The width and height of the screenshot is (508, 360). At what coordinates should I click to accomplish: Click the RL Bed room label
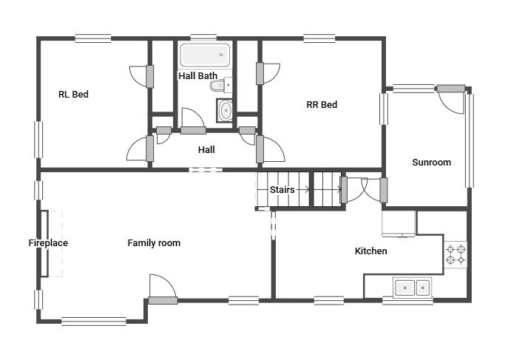click(x=73, y=95)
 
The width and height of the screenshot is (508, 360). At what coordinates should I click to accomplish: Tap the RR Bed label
click(x=322, y=105)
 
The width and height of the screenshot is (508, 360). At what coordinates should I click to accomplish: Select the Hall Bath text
click(x=197, y=75)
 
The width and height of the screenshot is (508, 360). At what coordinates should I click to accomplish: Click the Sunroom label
click(x=431, y=163)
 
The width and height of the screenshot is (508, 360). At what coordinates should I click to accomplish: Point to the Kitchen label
click(x=370, y=251)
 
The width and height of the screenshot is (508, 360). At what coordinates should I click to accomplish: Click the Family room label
click(x=154, y=243)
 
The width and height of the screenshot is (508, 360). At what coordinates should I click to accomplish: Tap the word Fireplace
click(x=48, y=243)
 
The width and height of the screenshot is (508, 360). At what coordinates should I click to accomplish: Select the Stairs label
click(x=282, y=190)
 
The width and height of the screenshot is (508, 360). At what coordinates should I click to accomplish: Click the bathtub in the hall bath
click(x=205, y=55)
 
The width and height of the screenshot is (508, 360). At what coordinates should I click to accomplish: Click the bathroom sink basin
click(x=225, y=111)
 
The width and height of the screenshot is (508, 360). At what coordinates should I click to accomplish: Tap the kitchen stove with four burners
click(x=455, y=254)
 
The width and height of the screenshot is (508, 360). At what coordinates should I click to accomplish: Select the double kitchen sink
click(x=412, y=287)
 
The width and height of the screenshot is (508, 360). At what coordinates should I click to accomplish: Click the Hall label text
click(x=206, y=150)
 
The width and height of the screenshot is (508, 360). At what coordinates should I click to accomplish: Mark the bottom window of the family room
click(x=93, y=321)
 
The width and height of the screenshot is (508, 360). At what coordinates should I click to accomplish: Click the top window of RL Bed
click(x=92, y=38)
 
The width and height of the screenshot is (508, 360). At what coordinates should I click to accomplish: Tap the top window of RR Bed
click(x=319, y=38)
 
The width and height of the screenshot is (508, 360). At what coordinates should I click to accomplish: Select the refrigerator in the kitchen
click(x=399, y=224)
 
